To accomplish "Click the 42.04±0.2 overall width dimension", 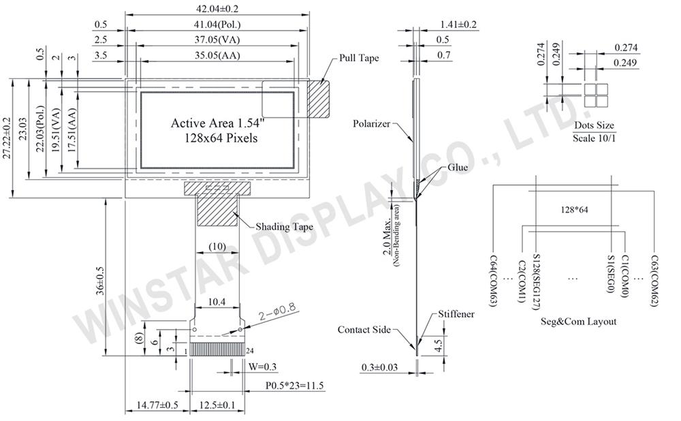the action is tap(218, 8).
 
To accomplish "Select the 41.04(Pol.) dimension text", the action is tap(217, 25).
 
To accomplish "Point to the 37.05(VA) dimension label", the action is tap(217, 40).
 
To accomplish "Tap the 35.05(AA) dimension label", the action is tap(217, 55).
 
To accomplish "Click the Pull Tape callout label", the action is tap(359, 58).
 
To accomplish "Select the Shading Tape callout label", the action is tap(284, 227).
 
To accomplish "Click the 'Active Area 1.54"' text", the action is tap(218, 123).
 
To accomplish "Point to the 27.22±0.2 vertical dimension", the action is tap(7, 138).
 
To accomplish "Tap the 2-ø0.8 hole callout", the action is tap(277, 313).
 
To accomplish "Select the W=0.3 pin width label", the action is tap(262, 367).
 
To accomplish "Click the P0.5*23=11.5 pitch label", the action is tap(294, 386).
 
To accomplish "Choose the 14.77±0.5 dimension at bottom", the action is tap(157, 405).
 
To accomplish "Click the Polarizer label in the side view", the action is tap(371, 124).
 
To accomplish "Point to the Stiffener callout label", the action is tap(456, 314).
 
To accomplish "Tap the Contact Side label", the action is tap(364, 330).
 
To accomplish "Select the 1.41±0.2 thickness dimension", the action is tap(458, 25).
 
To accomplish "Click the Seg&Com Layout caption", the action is tap(578, 322).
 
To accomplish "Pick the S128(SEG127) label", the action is tap(537, 283).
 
